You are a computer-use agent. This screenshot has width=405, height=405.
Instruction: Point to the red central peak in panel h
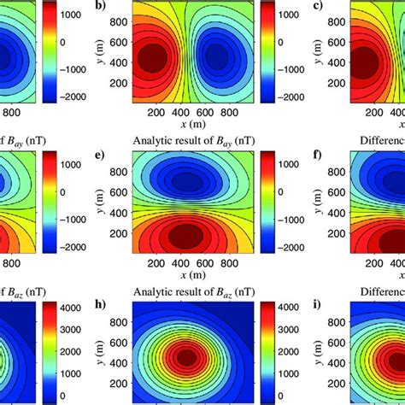pos(188,353)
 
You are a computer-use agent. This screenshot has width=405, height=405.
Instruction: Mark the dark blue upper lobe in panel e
pos(188,181)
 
